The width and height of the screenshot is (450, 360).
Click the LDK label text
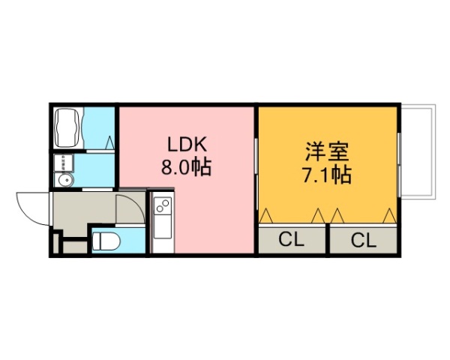[x=185, y=145]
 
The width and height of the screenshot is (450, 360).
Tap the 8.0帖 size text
[x=185, y=167]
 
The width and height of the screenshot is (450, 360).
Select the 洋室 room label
[x=327, y=152]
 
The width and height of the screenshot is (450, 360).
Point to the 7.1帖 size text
[x=327, y=176]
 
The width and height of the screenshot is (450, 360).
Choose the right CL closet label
[x=363, y=240]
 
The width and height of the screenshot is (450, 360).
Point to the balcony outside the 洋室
[x=417, y=152]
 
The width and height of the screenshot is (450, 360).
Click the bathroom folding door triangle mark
[x=109, y=141]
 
